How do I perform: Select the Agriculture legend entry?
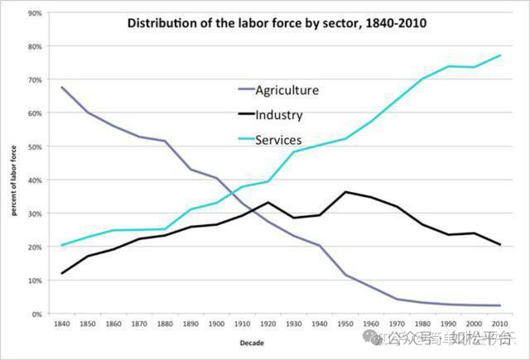click(x=287, y=90)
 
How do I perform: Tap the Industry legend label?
click(x=279, y=116)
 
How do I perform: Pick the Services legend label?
click(x=278, y=140)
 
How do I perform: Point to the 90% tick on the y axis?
click(x=36, y=13)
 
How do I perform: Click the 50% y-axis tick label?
click(x=36, y=146)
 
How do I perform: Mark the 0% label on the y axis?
click(x=38, y=314)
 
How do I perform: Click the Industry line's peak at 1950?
click(x=345, y=192)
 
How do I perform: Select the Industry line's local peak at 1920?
click(x=267, y=203)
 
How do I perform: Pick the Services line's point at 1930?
click(x=293, y=151)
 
